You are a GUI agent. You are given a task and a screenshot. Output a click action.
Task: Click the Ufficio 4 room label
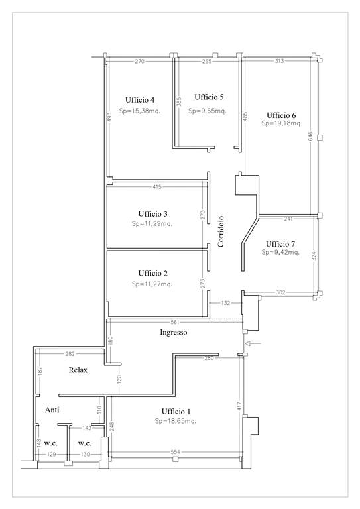(140, 100)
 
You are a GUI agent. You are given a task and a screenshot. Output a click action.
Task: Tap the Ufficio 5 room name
(209, 97)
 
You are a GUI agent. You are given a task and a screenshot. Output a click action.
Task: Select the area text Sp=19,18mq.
(282, 123)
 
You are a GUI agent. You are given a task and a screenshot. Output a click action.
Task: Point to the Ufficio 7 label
(280, 244)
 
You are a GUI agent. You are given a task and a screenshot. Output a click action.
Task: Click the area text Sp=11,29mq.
(152, 223)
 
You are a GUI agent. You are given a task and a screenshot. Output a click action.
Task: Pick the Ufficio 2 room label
(153, 273)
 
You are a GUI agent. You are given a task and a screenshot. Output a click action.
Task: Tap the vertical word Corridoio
(221, 231)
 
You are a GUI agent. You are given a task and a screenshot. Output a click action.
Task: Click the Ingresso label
(174, 333)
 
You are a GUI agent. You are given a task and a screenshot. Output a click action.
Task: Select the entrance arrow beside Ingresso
(253, 343)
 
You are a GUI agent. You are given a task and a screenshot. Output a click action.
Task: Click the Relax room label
(78, 370)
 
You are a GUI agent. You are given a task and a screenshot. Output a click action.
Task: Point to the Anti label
(52, 410)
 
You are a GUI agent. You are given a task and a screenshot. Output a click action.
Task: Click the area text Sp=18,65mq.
(176, 421)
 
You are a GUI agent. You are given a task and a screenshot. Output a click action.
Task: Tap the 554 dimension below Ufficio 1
(175, 452)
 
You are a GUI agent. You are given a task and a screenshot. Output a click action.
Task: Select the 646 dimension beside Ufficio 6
(310, 137)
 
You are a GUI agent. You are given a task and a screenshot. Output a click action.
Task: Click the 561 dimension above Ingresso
(175, 322)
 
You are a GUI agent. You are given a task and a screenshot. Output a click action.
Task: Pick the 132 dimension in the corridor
(225, 303)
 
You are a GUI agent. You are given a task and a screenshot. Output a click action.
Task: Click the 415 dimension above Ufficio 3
(157, 187)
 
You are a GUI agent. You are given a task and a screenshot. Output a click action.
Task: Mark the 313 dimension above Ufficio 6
(280, 61)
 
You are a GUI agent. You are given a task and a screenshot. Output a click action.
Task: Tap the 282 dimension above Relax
(70, 354)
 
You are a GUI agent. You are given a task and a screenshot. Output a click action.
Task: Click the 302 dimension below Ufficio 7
(280, 292)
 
